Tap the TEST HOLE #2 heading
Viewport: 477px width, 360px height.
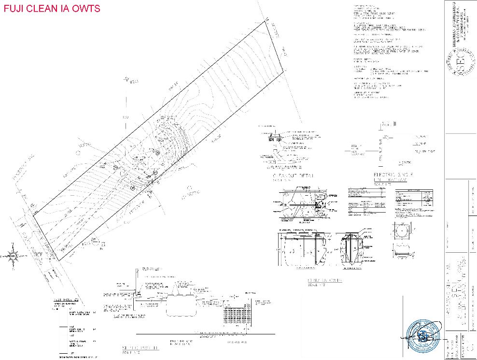pos(65,302)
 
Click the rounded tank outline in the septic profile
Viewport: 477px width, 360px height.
pos(182,306)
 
